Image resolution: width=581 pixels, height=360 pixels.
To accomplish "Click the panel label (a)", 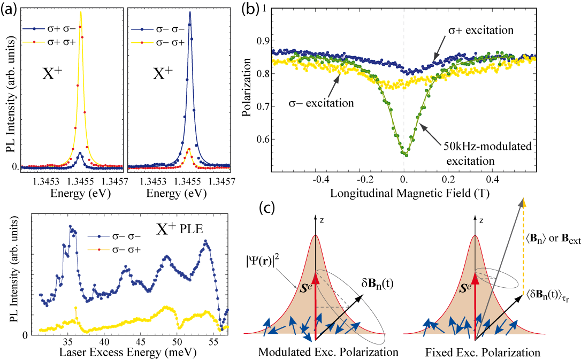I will click(11, 9).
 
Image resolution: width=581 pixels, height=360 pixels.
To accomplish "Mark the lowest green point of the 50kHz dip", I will click(406, 155).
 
